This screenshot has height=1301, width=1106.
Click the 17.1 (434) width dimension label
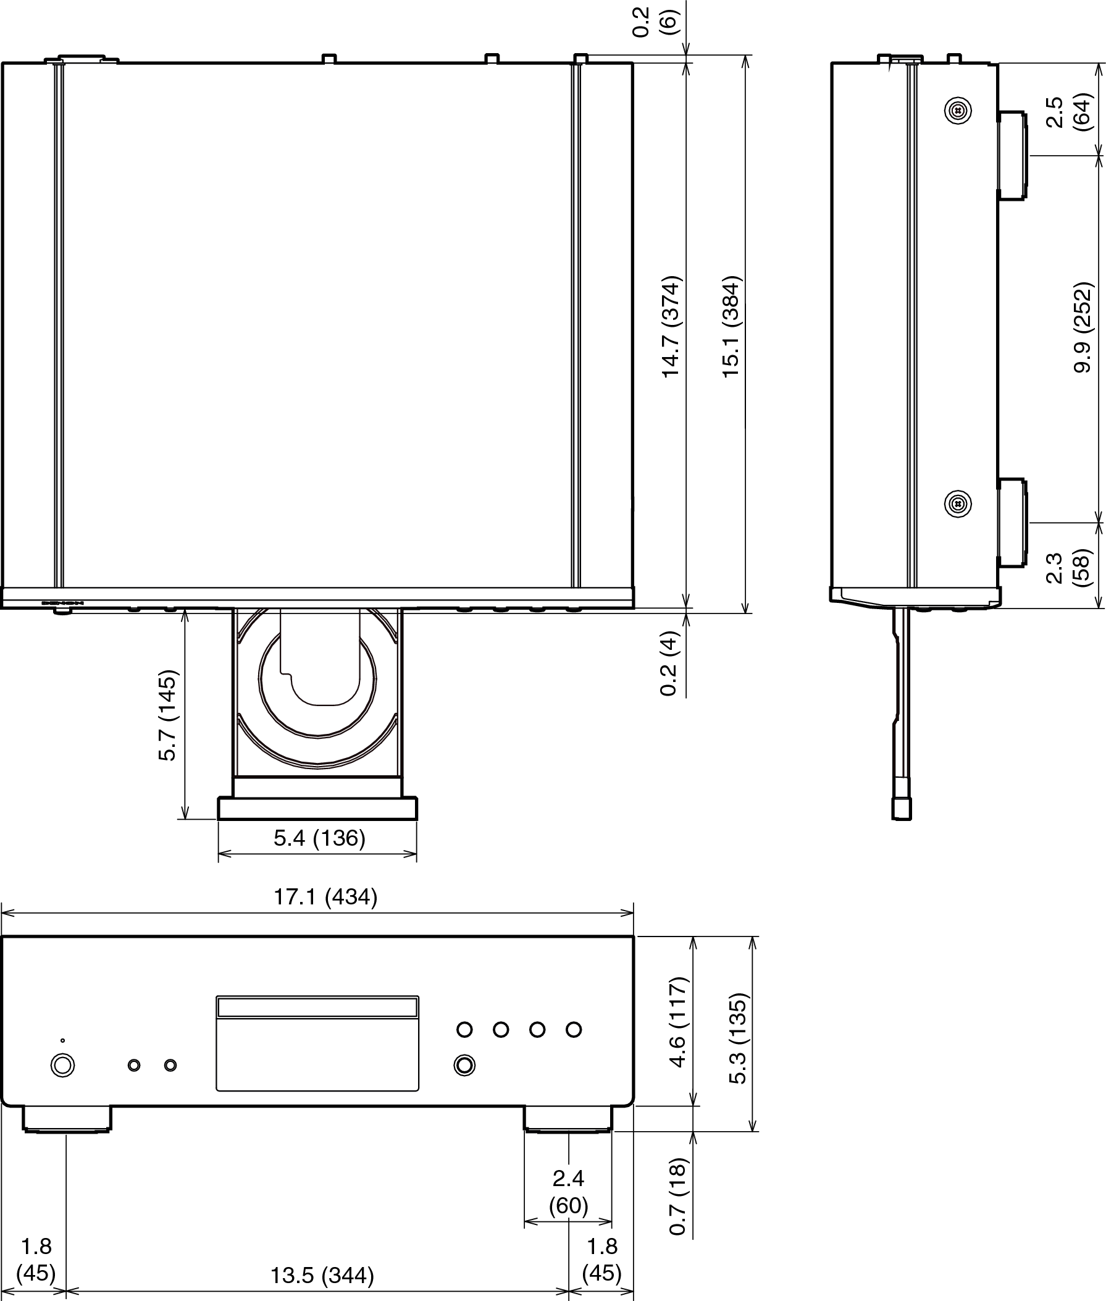coord(325,896)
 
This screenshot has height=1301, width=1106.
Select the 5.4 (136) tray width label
coord(319,838)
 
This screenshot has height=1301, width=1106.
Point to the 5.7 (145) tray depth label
coord(168,716)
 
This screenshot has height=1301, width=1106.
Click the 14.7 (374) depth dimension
coord(671,326)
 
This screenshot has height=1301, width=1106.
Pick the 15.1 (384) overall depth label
coord(731,326)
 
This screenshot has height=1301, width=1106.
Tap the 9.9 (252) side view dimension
coord(1083,327)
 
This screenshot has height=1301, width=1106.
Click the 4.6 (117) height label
coord(678,1022)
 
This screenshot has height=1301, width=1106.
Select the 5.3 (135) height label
coord(738,1038)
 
